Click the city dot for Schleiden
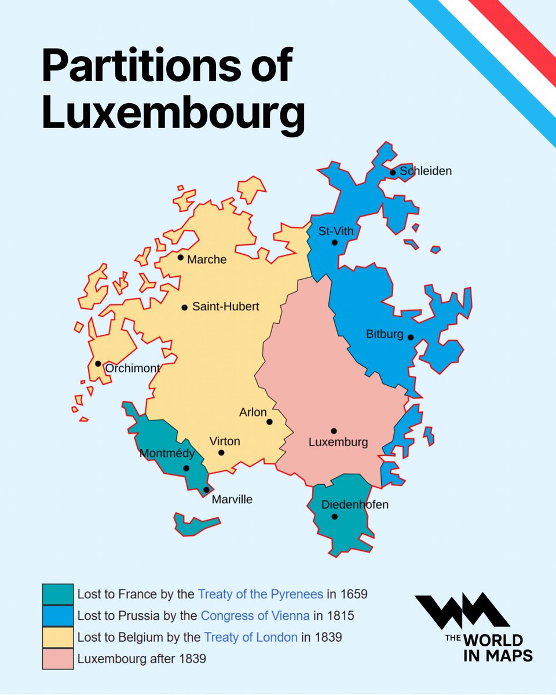coord(393,172)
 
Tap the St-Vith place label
coord(336,232)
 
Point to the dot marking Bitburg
coord(410,337)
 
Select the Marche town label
coord(207,259)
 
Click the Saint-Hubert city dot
coord(185,308)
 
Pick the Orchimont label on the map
coord(133,368)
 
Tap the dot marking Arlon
coord(269,422)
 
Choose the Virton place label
coord(225,441)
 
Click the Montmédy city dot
coord(186,468)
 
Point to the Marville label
coord(232,499)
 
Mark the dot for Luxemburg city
coord(334,431)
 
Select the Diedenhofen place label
coord(354,504)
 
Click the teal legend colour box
coord(58,594)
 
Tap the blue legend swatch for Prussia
coord(58,615)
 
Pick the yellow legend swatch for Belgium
coord(58,637)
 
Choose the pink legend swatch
coord(58,659)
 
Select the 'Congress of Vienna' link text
coord(255,616)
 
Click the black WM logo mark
coord(462,612)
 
